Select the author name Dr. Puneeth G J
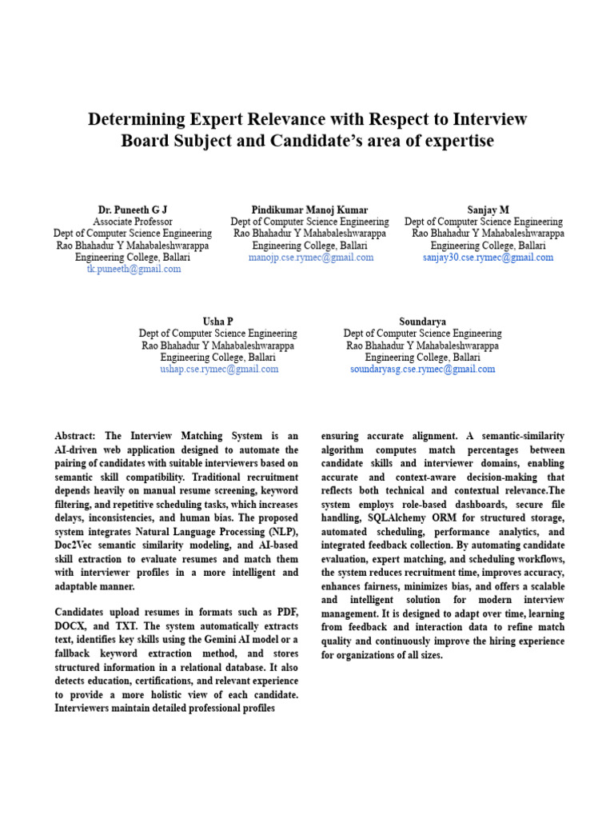pos(133,210)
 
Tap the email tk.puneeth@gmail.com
pos(134,270)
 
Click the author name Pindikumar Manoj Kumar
pos(309,210)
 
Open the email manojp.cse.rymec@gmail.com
pos(310,258)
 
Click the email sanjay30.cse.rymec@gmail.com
pos(488,258)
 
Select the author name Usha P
pos(217,322)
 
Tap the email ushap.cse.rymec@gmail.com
pos(218,370)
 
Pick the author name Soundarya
pos(422,322)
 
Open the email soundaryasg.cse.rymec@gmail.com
pos(422,370)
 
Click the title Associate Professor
pos(133,222)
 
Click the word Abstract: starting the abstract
pos(76,436)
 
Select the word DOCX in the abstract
pos(73,625)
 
